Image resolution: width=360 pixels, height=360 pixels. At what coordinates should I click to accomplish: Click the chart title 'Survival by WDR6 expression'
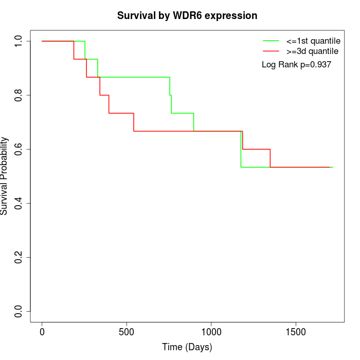tap(187, 15)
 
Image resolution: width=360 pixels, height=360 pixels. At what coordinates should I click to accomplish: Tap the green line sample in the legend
tap(271, 40)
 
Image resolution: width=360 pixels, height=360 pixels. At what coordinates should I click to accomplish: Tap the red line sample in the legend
tap(271, 51)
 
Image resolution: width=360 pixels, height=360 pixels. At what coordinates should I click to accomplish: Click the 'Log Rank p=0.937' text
tap(296, 65)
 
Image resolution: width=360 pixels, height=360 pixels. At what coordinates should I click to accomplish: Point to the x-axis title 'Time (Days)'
tap(187, 347)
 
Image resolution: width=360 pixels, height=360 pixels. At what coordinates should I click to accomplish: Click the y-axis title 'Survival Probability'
tap(5, 176)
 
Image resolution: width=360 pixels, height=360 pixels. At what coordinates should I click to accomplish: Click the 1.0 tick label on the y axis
tap(19, 41)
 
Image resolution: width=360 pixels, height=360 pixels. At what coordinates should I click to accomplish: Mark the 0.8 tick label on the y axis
tap(19, 95)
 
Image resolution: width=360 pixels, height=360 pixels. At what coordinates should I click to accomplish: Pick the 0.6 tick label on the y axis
tap(19, 149)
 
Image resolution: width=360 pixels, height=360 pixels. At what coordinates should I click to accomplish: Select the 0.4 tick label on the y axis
tap(19, 203)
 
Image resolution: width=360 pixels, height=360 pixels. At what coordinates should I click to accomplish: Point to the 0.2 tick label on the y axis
tap(19, 257)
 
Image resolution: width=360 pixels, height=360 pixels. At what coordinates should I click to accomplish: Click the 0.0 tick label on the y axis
tap(19, 311)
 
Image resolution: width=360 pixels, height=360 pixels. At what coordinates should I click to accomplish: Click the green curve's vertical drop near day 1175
tap(241, 149)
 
